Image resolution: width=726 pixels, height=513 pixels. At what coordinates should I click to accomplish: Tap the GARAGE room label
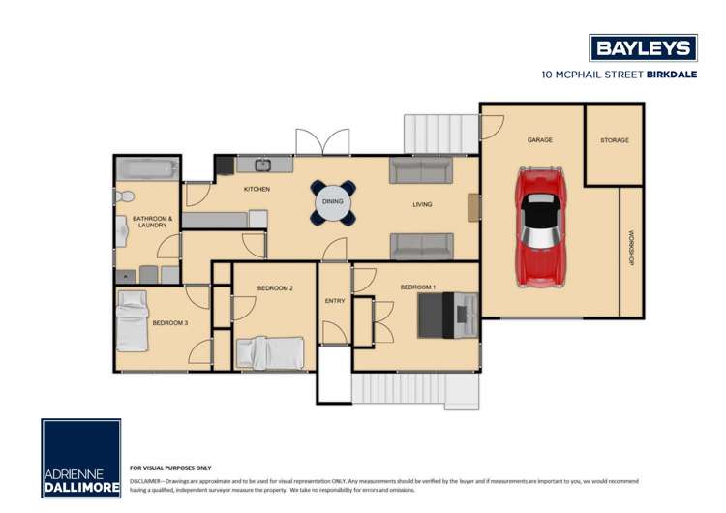(x=540, y=140)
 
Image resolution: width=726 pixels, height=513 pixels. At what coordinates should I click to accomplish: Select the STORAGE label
(x=615, y=140)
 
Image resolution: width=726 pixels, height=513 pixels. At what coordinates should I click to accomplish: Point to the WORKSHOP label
(x=631, y=248)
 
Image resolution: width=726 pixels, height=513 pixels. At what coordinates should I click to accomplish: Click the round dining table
(x=333, y=201)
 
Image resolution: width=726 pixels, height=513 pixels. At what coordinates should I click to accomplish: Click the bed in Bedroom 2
(x=271, y=351)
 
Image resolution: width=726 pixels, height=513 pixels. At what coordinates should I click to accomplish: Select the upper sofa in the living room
(x=420, y=171)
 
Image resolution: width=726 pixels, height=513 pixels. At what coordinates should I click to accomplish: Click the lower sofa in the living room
(x=420, y=246)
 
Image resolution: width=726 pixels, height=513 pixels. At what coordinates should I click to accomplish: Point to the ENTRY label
(x=335, y=301)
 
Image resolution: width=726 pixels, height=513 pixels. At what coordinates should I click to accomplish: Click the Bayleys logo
(x=643, y=47)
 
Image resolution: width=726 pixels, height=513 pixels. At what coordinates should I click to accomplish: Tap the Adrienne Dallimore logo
(x=81, y=459)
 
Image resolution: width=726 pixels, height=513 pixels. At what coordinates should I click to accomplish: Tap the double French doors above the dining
(x=322, y=141)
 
